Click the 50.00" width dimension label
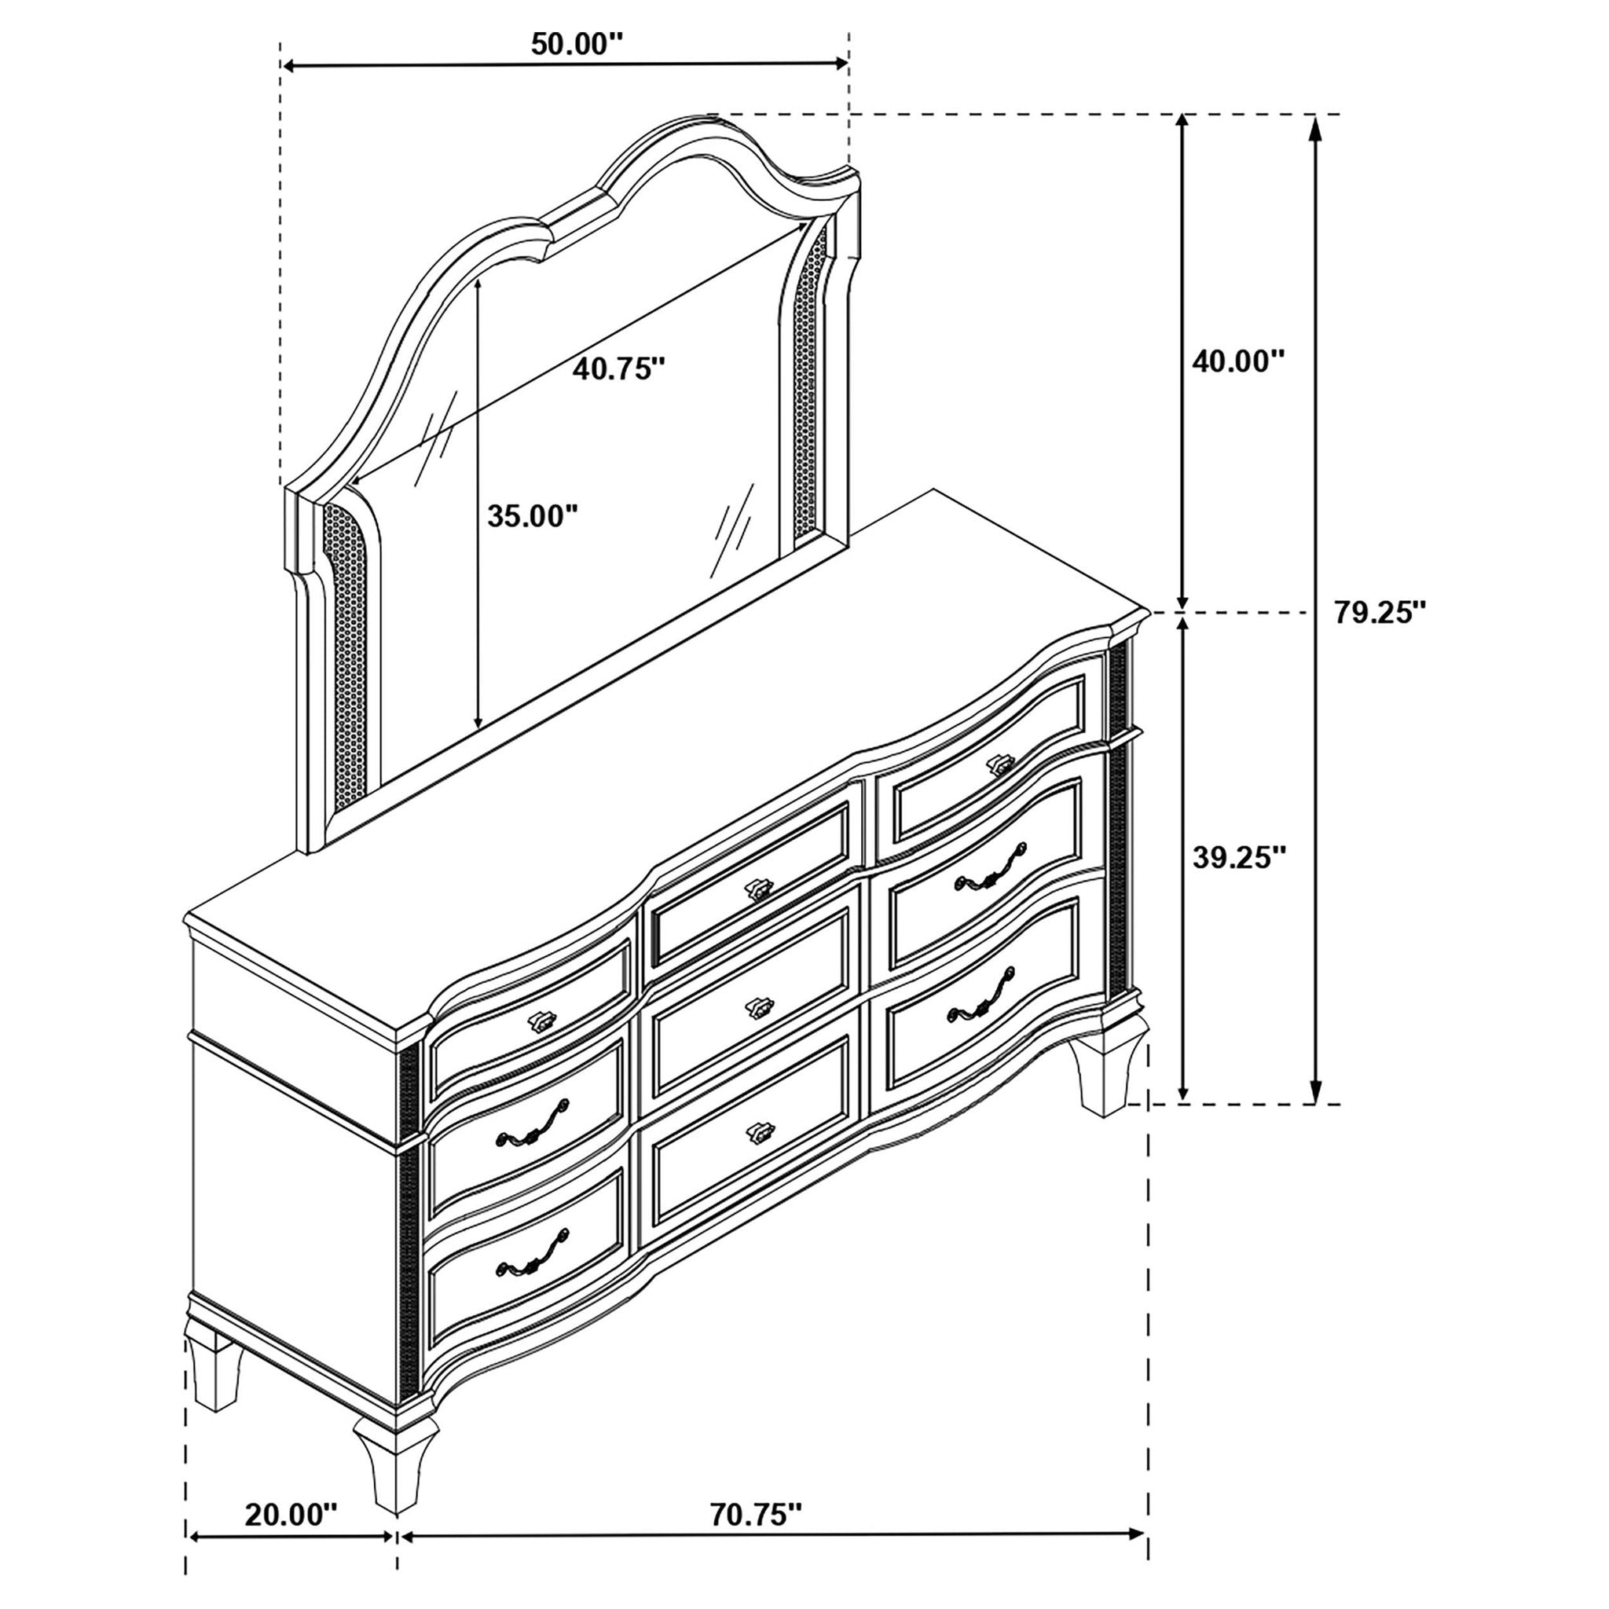[x=577, y=43]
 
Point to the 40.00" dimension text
[x=1238, y=361]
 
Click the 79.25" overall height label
[x=1380, y=612]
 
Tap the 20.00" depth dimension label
[x=291, y=1490]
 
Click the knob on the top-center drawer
[x=758, y=889]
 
